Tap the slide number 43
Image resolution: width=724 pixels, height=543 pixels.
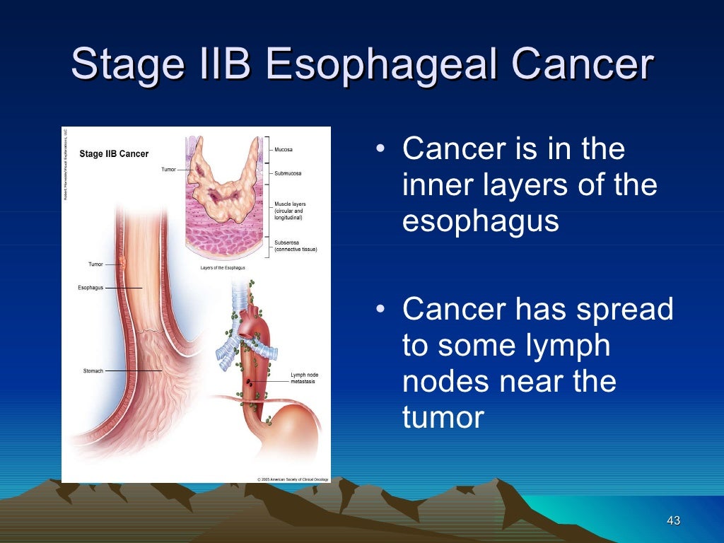673,521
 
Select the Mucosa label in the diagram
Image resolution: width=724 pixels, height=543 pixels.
284,150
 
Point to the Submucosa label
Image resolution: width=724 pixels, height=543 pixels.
288,173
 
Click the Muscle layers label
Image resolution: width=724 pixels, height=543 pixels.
290,211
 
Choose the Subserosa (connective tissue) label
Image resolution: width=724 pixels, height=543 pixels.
296,246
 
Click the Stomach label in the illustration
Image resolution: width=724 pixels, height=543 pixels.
93,370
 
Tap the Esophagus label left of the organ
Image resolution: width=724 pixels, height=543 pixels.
90,288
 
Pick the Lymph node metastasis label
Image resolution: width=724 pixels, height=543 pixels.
304,378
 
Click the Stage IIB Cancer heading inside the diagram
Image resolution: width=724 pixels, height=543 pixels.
114,154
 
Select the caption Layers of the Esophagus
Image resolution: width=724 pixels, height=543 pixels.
223,268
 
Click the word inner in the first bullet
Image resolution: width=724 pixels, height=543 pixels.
434,186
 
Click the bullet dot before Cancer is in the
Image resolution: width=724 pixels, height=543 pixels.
381,150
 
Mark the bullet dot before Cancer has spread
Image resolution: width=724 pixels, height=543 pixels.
381,310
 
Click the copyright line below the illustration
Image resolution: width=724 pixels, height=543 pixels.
288,479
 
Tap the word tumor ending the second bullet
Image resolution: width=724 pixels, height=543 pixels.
443,417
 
